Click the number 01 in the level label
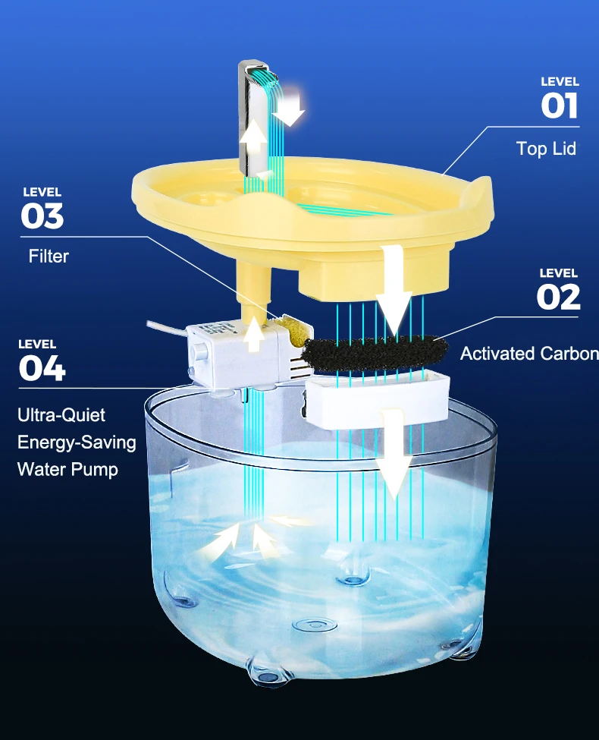tap(559, 105)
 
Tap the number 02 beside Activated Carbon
tap(558, 297)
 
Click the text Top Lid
tap(545, 148)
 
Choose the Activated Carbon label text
tap(528, 353)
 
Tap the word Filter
tap(49, 257)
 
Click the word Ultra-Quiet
tap(61, 415)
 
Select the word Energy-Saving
tap(77, 442)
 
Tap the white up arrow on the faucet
tap(253, 139)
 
